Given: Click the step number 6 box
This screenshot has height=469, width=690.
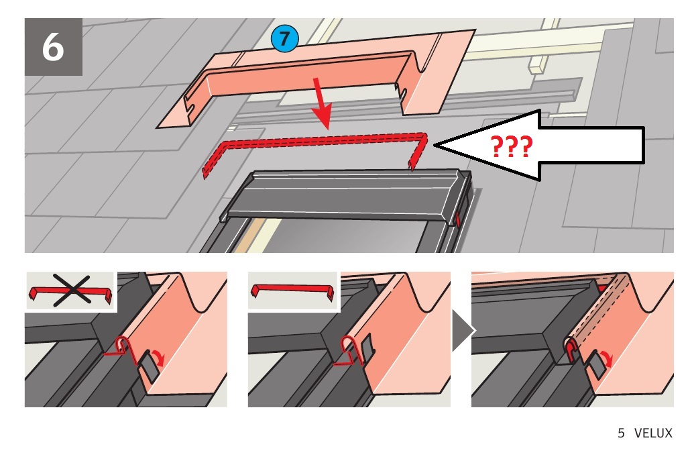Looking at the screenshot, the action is click(x=53, y=47).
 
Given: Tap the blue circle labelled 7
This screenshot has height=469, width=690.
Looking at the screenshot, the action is click(x=284, y=38).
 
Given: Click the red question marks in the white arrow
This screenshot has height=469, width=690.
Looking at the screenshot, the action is click(x=511, y=147).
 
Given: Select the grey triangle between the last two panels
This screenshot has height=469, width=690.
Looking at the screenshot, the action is click(x=463, y=330).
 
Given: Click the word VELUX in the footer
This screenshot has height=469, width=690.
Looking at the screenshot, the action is click(x=653, y=433).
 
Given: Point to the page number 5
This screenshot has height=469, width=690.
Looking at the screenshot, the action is click(x=621, y=433).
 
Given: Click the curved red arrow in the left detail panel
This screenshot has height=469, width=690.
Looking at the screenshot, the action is click(x=158, y=357).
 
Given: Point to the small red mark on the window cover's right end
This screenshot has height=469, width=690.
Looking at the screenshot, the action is click(x=457, y=219).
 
